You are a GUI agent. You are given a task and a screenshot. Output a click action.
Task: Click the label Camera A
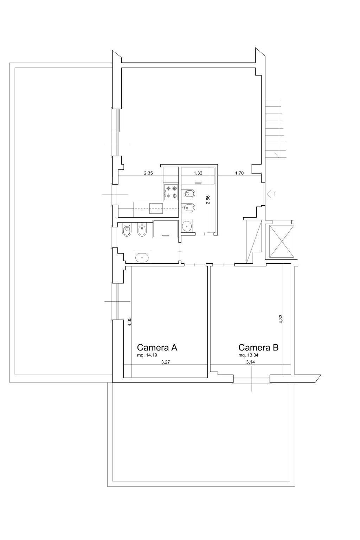pyautogui.click(x=157, y=347)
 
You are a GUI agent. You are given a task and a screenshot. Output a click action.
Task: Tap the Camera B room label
pyautogui.click(x=258, y=347)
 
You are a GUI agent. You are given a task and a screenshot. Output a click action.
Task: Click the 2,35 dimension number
pyautogui.click(x=148, y=173)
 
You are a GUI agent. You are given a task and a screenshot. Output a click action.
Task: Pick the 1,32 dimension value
pyautogui.click(x=198, y=173)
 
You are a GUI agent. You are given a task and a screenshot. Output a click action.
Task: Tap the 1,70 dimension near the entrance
pyautogui.click(x=239, y=173)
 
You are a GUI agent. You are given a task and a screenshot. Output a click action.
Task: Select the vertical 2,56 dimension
pyautogui.click(x=208, y=200)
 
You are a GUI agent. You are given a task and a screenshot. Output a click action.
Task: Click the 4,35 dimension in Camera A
pyautogui.click(x=129, y=322)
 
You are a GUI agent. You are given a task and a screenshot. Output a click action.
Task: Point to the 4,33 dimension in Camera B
pyautogui.click(x=281, y=319)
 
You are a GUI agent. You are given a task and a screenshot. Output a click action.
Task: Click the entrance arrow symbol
pyautogui.click(x=271, y=194)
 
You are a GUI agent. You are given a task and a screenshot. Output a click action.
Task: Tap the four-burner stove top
pyautogui.click(x=171, y=192)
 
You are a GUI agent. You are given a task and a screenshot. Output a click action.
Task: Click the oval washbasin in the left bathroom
pyautogui.click(x=142, y=257)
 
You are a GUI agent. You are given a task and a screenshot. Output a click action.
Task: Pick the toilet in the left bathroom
pyautogui.click(x=126, y=231)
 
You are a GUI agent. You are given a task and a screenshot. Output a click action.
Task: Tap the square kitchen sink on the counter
pyautogui.click(x=156, y=208)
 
